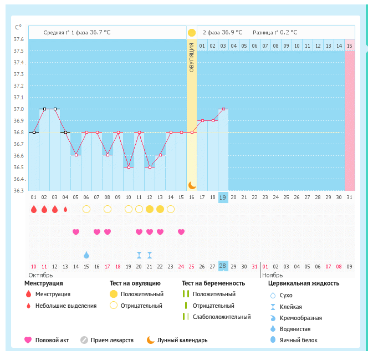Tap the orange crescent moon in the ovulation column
click(x=192, y=185)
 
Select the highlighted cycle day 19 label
click(x=223, y=197)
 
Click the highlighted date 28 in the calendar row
click(x=223, y=266)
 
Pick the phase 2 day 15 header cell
click(x=349, y=45)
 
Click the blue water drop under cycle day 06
click(x=86, y=255)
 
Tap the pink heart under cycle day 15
click(x=181, y=232)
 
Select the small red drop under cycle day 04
click(x=65, y=209)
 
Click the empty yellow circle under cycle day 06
click(x=86, y=209)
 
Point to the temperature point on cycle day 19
click(x=223, y=109)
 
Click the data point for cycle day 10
click(x=129, y=167)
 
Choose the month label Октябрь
click(x=41, y=275)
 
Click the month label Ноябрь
click(x=273, y=275)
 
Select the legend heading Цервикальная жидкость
click(x=304, y=283)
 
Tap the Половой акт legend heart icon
click(x=28, y=339)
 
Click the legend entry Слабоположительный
click(x=222, y=317)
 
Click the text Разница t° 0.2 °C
click(x=275, y=33)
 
